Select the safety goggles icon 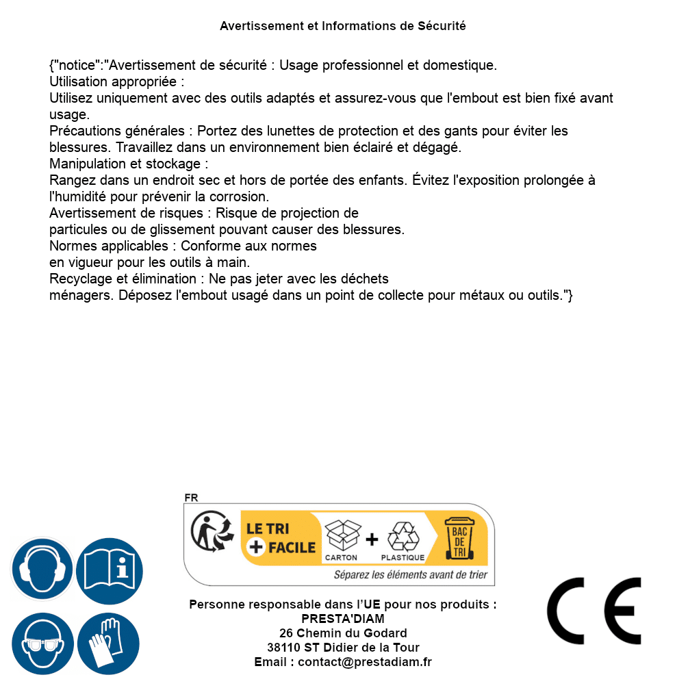click(42, 644)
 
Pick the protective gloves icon click(109, 644)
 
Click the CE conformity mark click(594, 611)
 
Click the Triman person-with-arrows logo click(208, 532)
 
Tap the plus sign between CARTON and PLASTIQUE click(372, 539)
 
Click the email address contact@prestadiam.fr click(365, 662)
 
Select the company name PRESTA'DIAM click(343, 619)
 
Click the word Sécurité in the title click(442, 26)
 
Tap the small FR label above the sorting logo click(191, 498)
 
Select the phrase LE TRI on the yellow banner click(268, 528)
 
